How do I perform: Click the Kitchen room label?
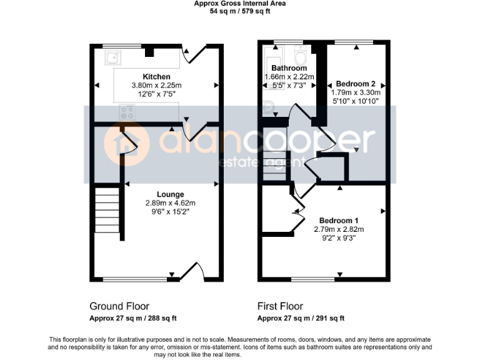pyautogui.click(x=156, y=77)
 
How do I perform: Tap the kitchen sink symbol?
pyautogui.click(x=113, y=59)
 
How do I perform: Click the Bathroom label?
pyautogui.click(x=288, y=68)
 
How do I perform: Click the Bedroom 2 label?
pyautogui.click(x=355, y=84)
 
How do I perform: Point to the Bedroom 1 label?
pyautogui.click(x=339, y=221)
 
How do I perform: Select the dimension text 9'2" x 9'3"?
pyautogui.click(x=339, y=237)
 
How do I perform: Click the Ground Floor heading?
pyautogui.click(x=119, y=306)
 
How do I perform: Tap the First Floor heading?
pyautogui.click(x=280, y=306)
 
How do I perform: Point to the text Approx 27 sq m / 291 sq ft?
pyautogui.click(x=301, y=318)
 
